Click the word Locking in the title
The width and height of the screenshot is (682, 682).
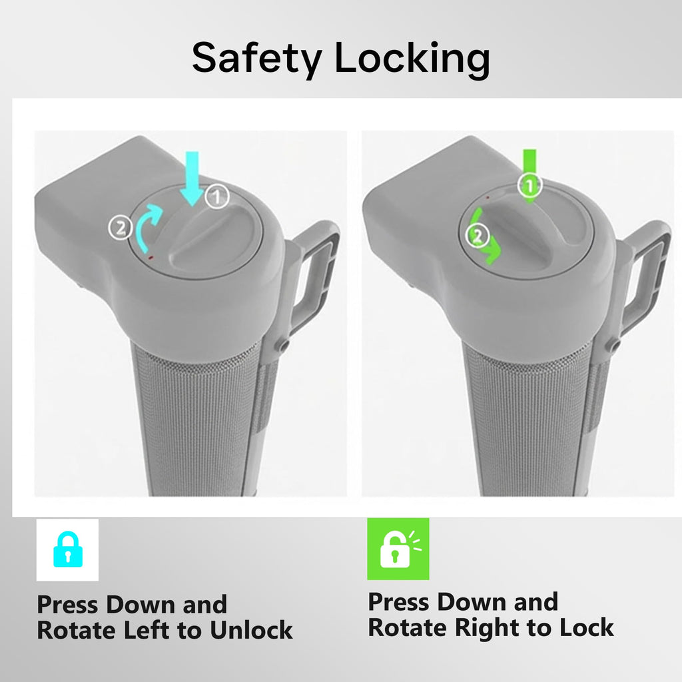(x=412, y=59)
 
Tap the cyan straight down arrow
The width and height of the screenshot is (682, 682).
(x=192, y=178)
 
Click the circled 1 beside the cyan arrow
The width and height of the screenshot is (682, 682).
(x=217, y=196)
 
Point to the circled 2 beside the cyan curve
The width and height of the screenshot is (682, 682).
(x=121, y=228)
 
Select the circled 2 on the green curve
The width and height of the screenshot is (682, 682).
(x=478, y=236)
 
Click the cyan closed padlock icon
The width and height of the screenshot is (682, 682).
(x=68, y=549)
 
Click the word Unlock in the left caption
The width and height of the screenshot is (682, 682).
(x=251, y=630)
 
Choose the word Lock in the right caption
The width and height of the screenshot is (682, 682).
(x=586, y=627)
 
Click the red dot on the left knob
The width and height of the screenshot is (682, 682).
(x=151, y=258)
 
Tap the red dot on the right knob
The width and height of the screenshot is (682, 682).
(x=488, y=197)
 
